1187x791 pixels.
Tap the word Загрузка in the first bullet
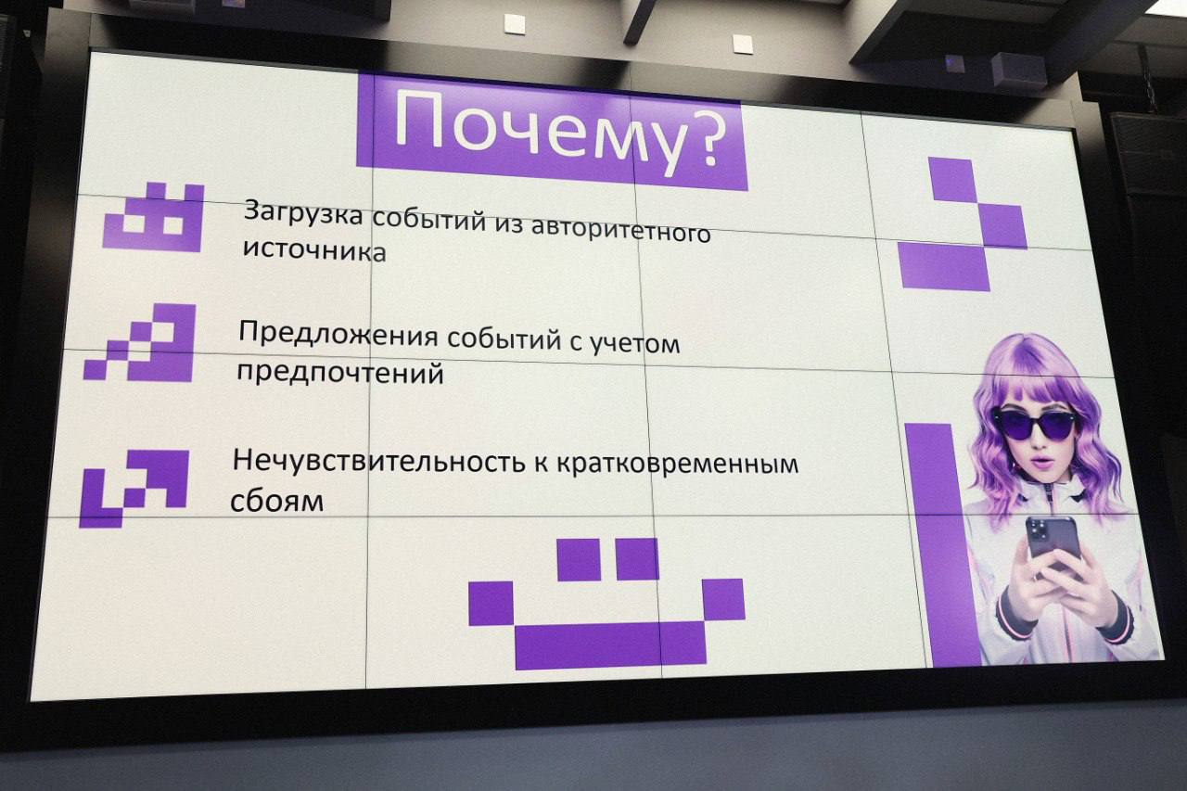point(303,214)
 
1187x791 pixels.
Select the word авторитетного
point(620,228)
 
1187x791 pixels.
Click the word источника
point(314,250)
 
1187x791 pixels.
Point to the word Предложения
point(338,334)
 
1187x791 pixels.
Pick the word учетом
point(636,342)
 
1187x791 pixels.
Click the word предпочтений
point(339,373)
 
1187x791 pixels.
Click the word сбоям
point(276,500)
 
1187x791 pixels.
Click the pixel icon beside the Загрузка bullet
point(153,217)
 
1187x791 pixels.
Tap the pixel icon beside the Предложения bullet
point(140,343)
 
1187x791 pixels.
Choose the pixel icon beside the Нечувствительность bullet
point(134,489)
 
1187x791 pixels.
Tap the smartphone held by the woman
point(1053,544)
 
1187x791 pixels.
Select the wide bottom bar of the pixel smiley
point(610,644)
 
